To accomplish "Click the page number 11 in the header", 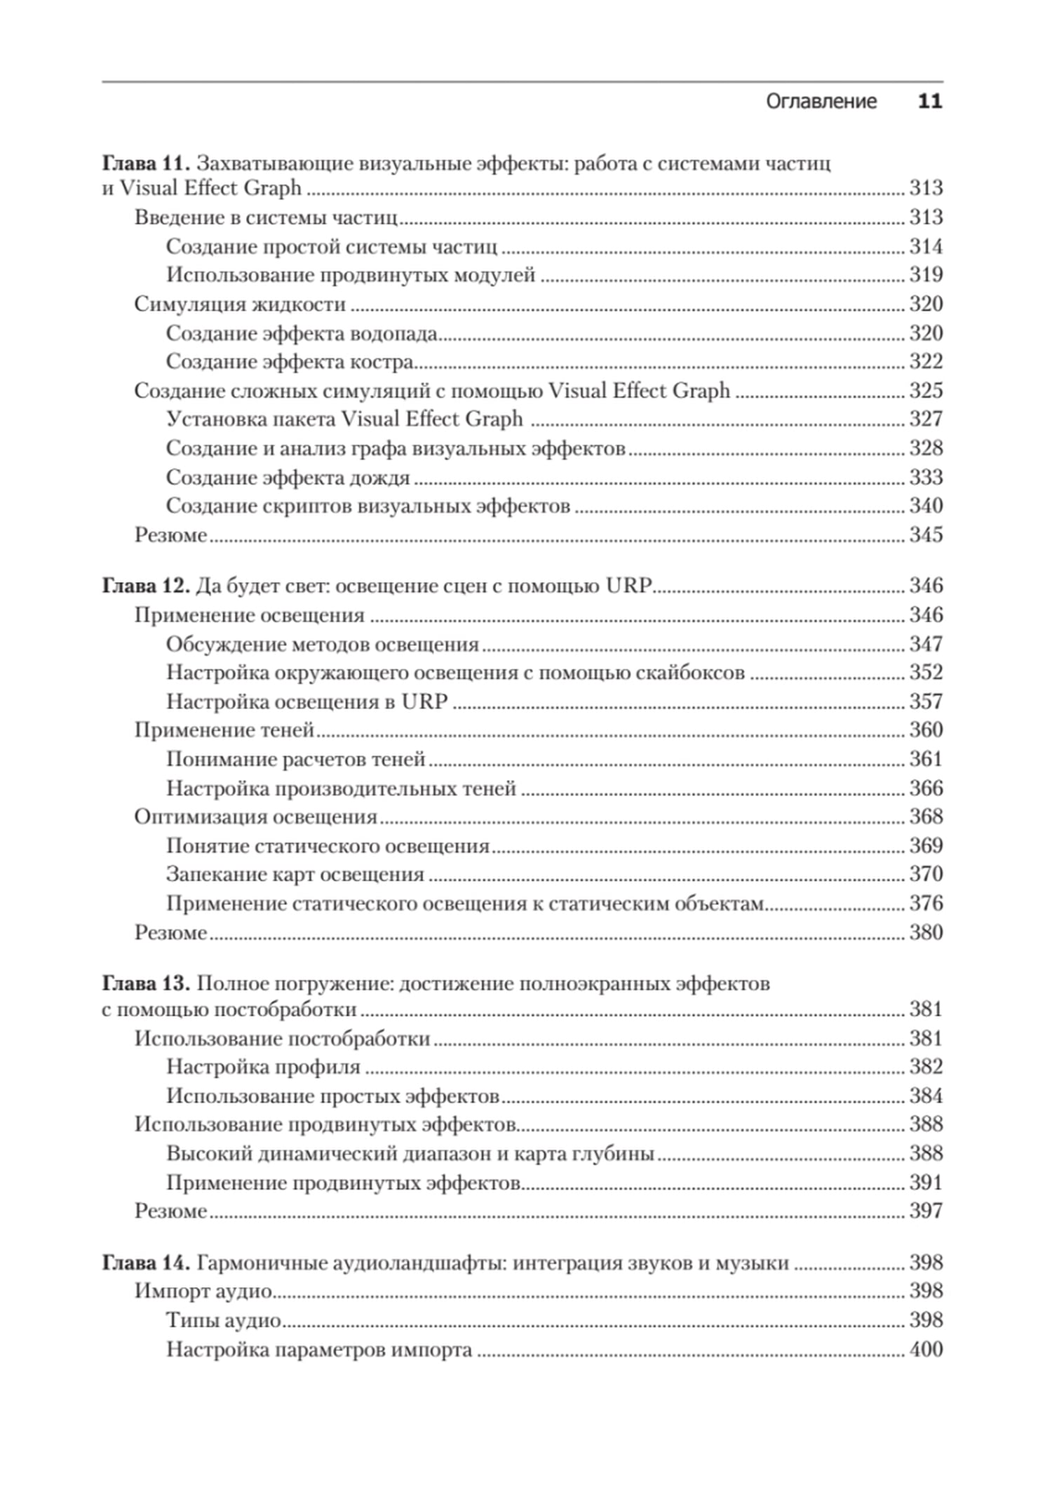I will click(x=930, y=102).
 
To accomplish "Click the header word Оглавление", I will click(x=821, y=102).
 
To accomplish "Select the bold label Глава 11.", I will click(x=146, y=163).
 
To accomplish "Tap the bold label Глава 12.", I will click(x=146, y=586).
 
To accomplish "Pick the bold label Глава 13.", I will click(x=146, y=983).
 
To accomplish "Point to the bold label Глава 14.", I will click(x=146, y=1263).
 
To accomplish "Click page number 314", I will click(x=926, y=246).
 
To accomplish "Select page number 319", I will click(x=926, y=274).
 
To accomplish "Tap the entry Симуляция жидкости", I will click(x=240, y=304).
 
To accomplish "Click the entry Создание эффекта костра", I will click(x=290, y=361).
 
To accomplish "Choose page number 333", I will click(x=926, y=477).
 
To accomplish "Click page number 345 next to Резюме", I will click(x=926, y=534).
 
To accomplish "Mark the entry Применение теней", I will click(x=224, y=730).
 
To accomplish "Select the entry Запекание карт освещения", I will click(x=295, y=874).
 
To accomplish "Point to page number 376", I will click(x=926, y=903).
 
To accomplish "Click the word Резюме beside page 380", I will click(x=170, y=932).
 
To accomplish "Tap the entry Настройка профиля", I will click(x=263, y=1067).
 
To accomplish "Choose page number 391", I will click(x=926, y=1183).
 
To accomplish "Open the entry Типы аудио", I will click(x=223, y=1320).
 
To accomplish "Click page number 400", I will click(x=926, y=1349).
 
